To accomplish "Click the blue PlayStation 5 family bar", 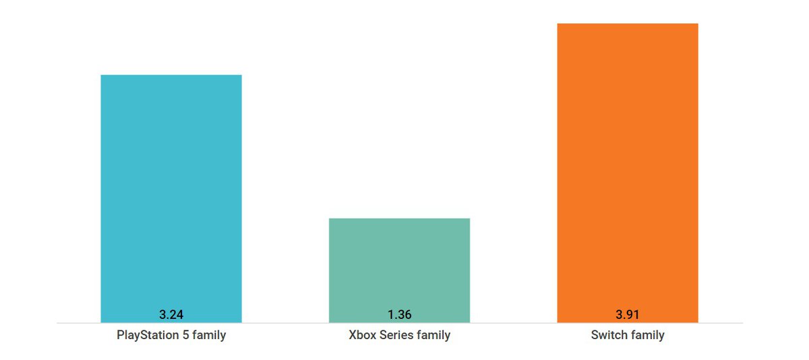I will pos(171,196).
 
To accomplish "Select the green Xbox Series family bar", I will pos(399,266).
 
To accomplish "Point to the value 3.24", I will pos(171,314).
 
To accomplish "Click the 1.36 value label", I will pos(399,314).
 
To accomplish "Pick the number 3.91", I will pos(627,314).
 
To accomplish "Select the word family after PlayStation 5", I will pos(208,335).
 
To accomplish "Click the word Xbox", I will pos(361,335).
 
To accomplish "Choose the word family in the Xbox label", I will pos(433,335).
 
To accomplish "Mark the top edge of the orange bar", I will pos(627,24).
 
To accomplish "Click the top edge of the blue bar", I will pos(171,76).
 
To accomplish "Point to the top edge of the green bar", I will pos(399,219).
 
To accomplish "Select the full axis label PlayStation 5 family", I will pos(171,335).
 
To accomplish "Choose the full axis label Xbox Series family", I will pos(399,335).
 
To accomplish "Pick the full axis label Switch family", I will pos(627,335).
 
